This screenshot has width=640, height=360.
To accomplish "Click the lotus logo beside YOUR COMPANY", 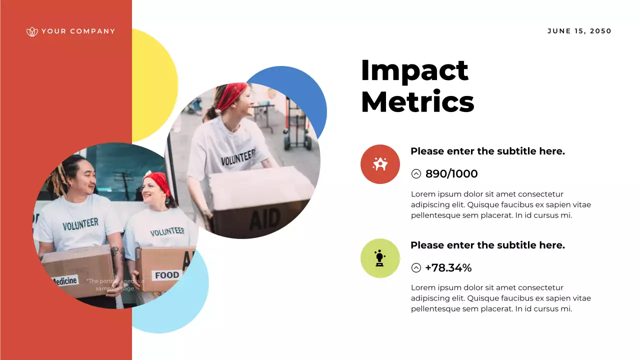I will click(x=32, y=31).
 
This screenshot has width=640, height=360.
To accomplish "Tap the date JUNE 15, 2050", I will click(x=579, y=31).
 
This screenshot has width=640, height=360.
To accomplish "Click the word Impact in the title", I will click(x=414, y=70).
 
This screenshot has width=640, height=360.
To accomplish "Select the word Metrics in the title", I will click(x=417, y=102).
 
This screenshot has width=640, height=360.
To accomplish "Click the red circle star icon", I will click(x=380, y=164).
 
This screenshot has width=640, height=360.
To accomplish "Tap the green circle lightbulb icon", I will click(x=380, y=258).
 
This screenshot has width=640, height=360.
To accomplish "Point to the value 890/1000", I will click(x=451, y=174).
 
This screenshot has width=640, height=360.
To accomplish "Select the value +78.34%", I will click(x=448, y=268).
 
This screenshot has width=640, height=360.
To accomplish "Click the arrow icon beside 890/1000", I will click(x=416, y=174).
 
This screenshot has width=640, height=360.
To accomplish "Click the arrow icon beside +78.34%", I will click(x=416, y=268).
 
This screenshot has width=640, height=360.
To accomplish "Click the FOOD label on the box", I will click(x=166, y=275).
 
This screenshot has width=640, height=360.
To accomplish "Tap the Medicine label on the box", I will click(x=65, y=281).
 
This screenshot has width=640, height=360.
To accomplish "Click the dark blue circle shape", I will click(x=300, y=90).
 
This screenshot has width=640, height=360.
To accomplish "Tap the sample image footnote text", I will click(x=114, y=284).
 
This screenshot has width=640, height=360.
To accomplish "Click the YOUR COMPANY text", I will click(x=78, y=31).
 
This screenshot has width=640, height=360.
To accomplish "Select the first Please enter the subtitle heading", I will click(x=487, y=151).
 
